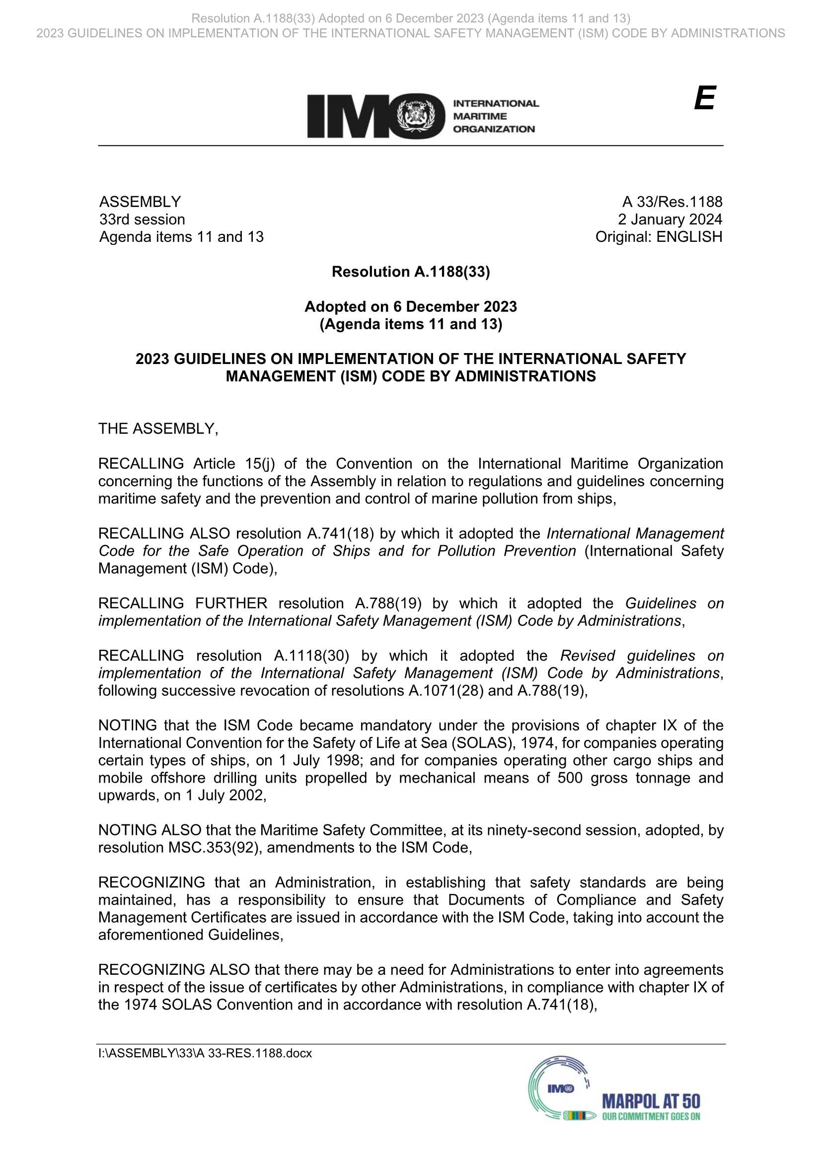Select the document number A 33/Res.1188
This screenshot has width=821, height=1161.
672,202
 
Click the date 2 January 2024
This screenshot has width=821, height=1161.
670,219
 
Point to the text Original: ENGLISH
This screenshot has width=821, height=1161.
659,237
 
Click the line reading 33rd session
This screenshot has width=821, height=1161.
142,219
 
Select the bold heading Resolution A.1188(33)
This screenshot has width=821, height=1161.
411,272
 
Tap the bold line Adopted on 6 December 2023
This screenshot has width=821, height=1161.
411,307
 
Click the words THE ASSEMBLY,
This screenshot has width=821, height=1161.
158,429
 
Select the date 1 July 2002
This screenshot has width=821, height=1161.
225,796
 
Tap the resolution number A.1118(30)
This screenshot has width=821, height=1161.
311,656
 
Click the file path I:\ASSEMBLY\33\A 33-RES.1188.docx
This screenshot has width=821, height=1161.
205,1053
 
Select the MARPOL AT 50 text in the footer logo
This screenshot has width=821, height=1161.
651,1101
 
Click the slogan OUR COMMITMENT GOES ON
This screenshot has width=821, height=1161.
651,1116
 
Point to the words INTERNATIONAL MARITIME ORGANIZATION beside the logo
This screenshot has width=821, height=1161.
495,116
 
